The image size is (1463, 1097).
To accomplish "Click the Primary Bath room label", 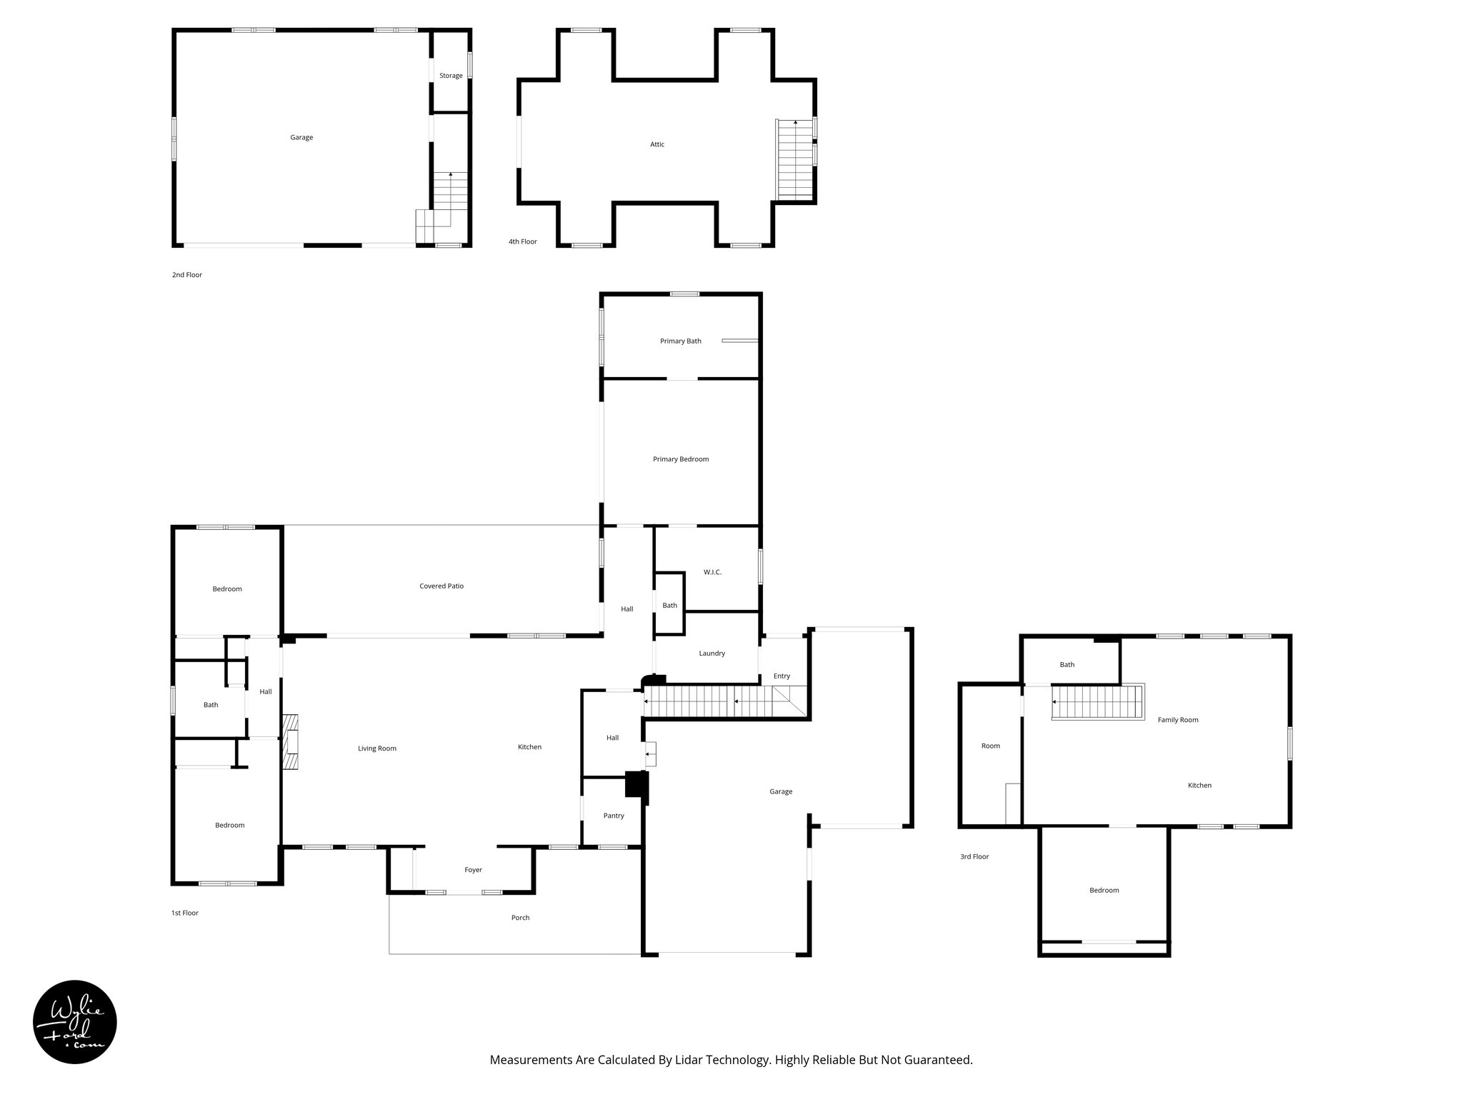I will click(680, 341).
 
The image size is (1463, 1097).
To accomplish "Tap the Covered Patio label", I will click(441, 586).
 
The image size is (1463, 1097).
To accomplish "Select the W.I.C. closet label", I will click(712, 572).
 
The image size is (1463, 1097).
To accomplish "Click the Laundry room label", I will click(711, 653).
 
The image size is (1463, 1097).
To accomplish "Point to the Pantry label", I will click(614, 816).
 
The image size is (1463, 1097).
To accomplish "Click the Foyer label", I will click(473, 870).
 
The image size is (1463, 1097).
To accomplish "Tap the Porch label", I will click(520, 918).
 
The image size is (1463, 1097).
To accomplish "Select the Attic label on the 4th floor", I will click(657, 144).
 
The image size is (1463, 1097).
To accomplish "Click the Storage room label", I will click(451, 76).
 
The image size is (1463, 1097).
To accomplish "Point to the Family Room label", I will click(1178, 720).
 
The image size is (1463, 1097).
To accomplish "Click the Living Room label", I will click(377, 748).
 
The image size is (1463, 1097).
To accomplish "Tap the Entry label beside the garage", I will click(782, 676).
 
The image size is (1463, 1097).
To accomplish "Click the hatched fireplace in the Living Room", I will click(290, 743).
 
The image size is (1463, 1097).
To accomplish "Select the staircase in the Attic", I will click(795, 159).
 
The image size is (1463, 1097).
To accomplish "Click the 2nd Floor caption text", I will click(187, 275).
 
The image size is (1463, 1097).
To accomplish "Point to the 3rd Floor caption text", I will click(974, 856).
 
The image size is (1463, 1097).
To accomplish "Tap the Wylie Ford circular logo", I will click(75, 1022).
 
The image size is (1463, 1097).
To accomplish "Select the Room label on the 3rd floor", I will click(990, 746).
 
